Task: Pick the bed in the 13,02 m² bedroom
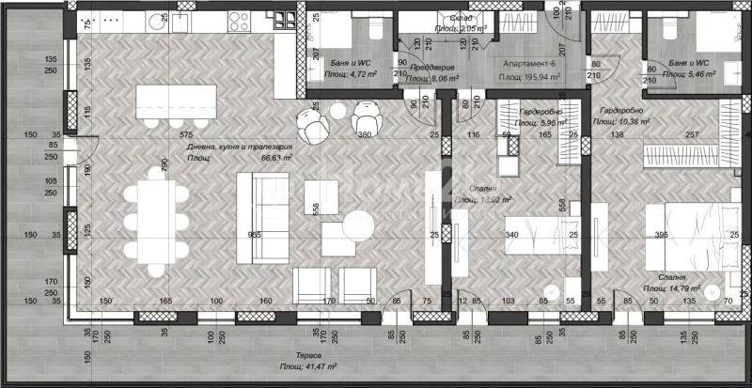click(x=536, y=236)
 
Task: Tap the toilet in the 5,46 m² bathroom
click(x=668, y=28)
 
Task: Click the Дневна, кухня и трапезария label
click(x=239, y=148)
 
